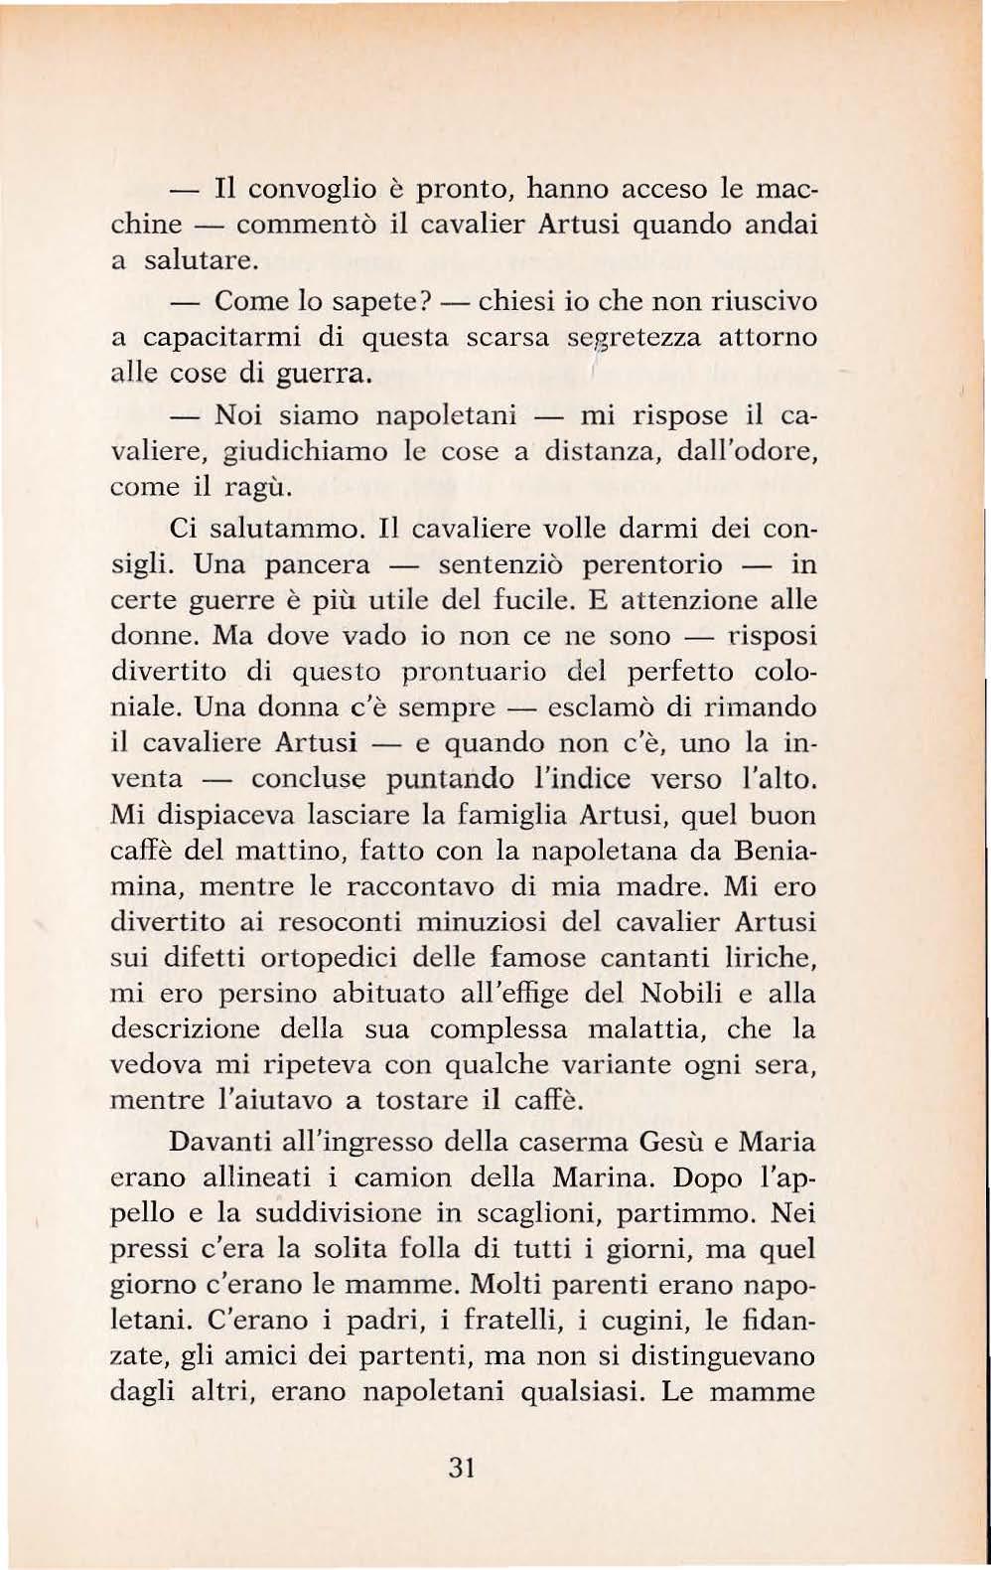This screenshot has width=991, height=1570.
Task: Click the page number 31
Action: pos(464,1468)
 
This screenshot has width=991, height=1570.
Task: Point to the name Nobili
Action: pos(660,994)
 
